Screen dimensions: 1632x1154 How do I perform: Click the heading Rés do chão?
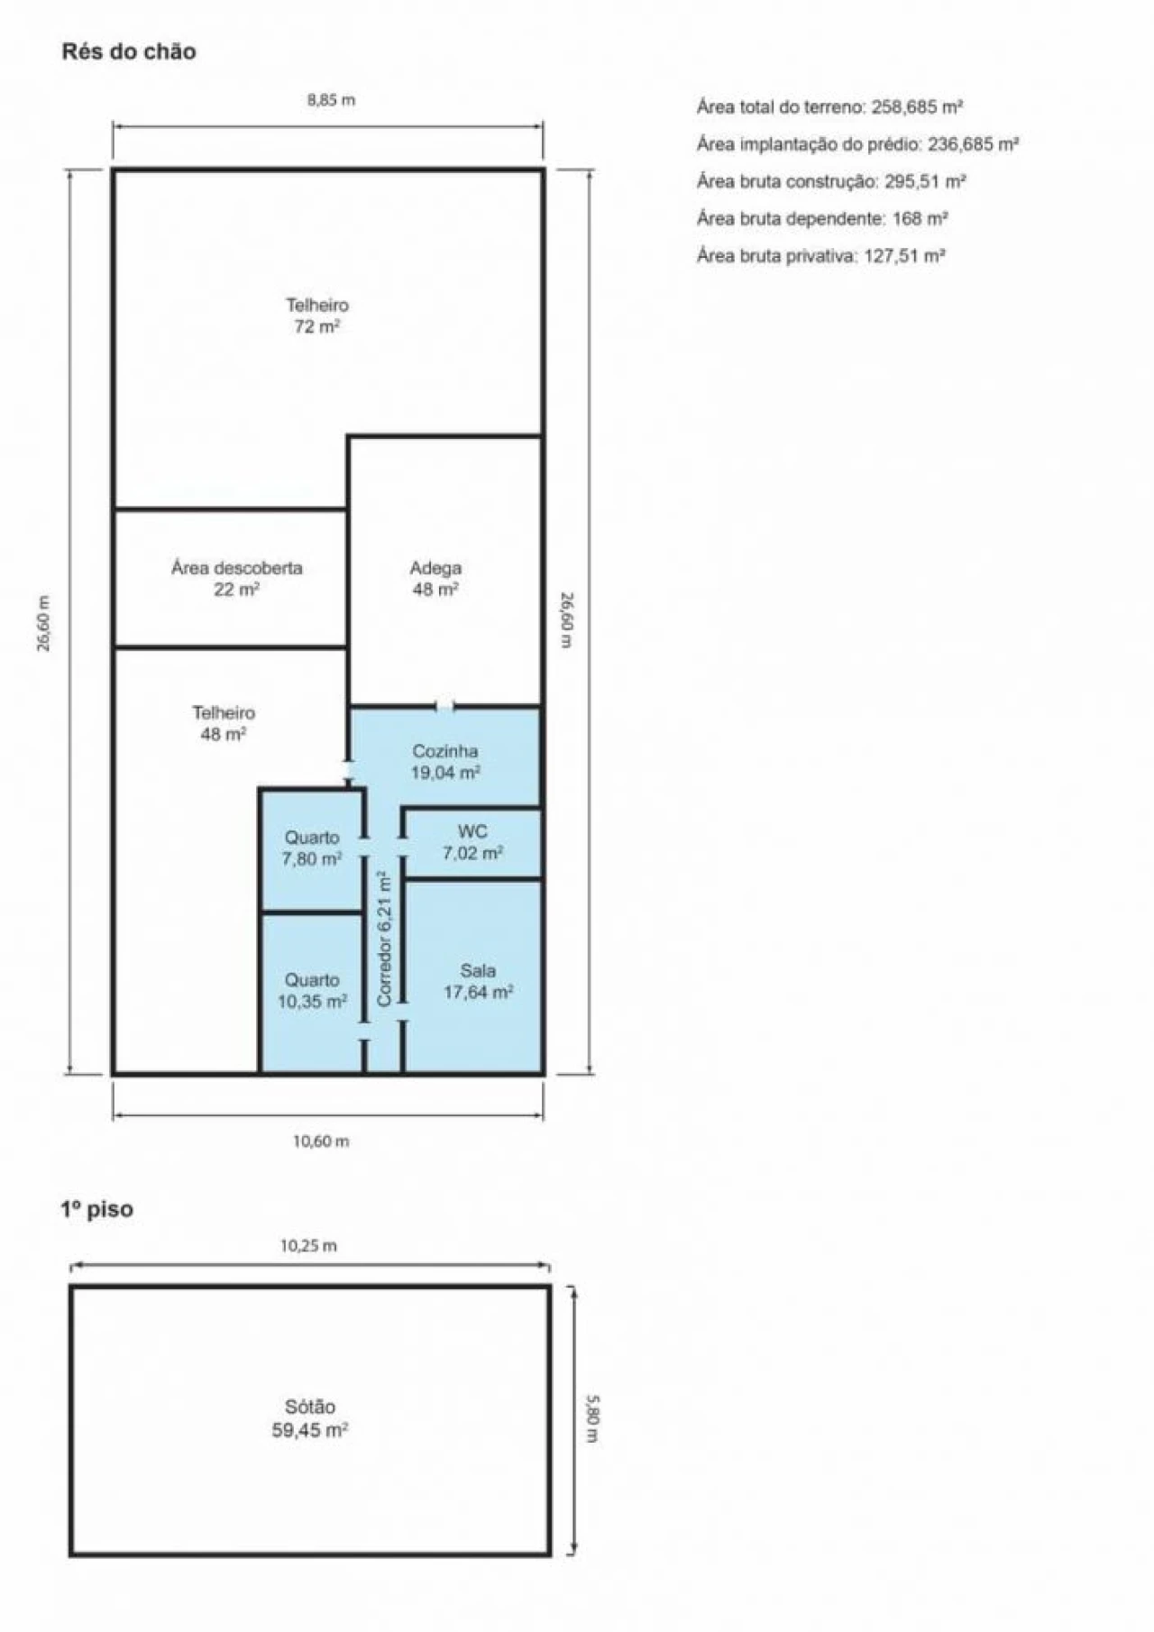click(x=128, y=51)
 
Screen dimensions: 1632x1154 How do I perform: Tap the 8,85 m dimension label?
click(x=331, y=100)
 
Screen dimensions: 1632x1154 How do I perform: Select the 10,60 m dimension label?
click(x=321, y=1141)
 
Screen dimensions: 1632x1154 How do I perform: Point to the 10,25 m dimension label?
click(x=308, y=1246)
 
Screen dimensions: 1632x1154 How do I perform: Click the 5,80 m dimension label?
click(x=591, y=1418)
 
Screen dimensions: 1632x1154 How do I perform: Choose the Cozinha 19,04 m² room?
click(x=445, y=762)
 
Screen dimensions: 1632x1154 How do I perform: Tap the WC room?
click(x=472, y=842)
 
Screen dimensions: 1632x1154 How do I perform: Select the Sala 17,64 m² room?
click(x=478, y=981)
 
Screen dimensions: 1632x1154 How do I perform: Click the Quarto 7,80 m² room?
click(x=312, y=848)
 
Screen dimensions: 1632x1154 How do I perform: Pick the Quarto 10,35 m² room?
click(x=312, y=991)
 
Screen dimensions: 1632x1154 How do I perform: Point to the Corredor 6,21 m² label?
click(x=385, y=939)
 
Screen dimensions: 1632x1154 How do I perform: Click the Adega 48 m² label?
click(x=435, y=578)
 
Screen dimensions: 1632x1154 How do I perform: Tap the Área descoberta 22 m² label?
click(x=237, y=578)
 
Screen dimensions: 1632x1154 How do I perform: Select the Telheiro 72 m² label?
click(x=317, y=316)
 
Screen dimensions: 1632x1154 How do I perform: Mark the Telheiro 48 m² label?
click(x=224, y=723)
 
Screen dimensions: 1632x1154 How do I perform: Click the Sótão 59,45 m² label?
click(x=310, y=1418)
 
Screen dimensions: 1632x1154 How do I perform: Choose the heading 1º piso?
click(x=96, y=1209)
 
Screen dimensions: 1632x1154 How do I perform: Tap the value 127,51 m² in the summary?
click(x=904, y=256)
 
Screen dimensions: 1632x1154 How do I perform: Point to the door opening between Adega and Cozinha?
click(x=444, y=706)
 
